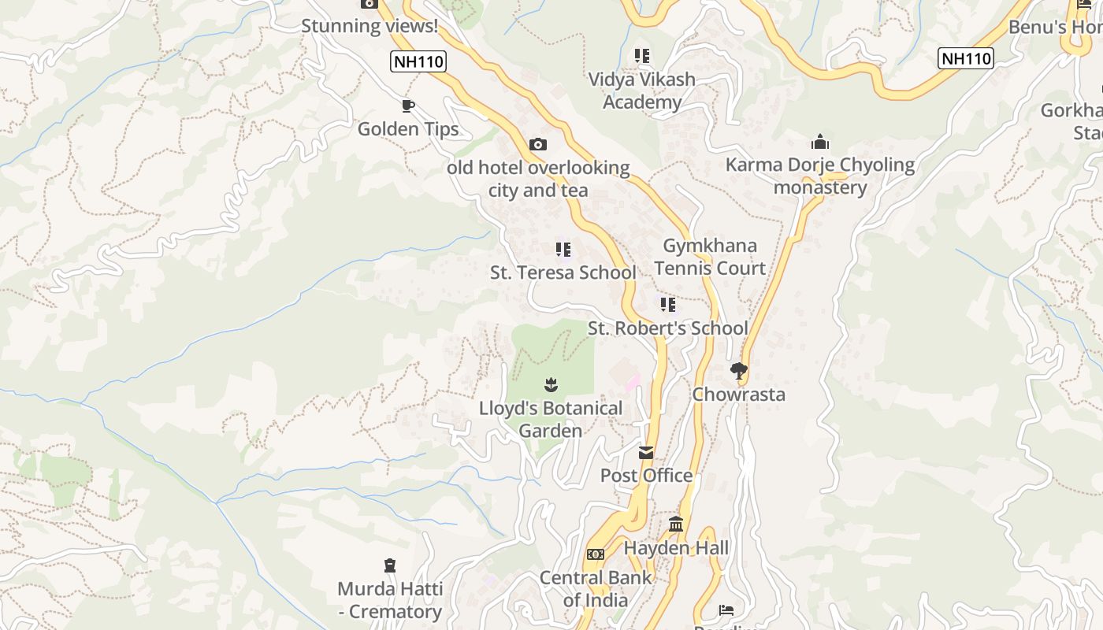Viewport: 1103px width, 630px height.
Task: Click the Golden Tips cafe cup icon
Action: tap(407, 106)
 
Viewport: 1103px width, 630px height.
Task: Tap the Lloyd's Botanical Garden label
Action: tap(551, 420)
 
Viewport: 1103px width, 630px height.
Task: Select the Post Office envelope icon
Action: tap(646, 453)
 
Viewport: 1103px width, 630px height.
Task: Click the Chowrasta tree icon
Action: tap(738, 370)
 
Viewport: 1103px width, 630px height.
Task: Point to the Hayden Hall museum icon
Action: tap(676, 524)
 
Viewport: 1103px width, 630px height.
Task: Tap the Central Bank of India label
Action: tap(596, 589)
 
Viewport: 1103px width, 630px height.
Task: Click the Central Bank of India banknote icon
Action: tap(596, 554)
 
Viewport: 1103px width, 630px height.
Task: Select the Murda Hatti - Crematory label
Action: tap(390, 600)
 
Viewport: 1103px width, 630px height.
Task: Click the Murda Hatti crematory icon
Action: tap(389, 565)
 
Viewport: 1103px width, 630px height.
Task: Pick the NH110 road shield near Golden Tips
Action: tap(418, 61)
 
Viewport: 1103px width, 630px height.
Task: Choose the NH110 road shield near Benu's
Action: tap(966, 57)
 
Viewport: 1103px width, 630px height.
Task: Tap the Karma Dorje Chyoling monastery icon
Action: tap(820, 142)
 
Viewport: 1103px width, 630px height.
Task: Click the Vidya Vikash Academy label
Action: tap(642, 91)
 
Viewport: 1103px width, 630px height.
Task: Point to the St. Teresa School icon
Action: tap(563, 250)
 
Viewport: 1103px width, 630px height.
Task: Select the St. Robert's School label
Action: tap(668, 328)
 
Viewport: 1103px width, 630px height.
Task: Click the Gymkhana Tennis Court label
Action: tap(710, 257)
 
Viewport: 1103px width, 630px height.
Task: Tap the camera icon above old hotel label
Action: tap(538, 144)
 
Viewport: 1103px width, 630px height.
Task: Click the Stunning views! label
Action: tap(370, 26)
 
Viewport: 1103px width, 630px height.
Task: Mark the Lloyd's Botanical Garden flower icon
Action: tap(551, 384)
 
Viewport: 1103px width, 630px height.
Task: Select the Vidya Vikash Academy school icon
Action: tap(642, 56)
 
